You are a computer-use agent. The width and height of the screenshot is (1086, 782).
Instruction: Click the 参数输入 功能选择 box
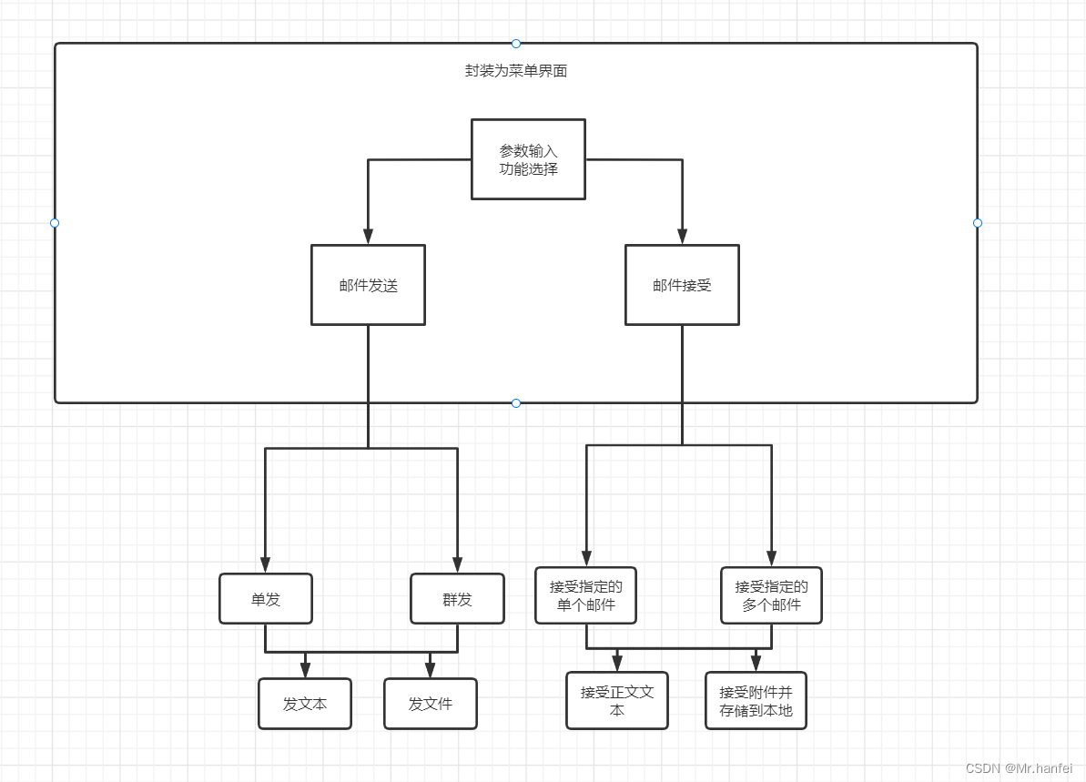tap(528, 159)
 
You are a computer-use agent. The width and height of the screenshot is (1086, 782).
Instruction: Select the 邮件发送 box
tap(368, 285)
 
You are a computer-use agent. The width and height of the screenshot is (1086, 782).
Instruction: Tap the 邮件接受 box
tap(682, 285)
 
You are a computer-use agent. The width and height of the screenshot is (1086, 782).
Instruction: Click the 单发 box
tap(266, 599)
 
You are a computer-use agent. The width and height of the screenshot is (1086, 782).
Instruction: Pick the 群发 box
tap(457, 599)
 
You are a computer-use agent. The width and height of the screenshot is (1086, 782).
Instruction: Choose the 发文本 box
tap(305, 704)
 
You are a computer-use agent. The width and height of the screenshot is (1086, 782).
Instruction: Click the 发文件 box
tap(431, 704)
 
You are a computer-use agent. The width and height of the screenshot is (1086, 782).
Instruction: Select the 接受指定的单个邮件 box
tap(585, 595)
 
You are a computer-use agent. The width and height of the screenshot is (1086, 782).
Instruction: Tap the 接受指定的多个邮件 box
tap(771, 595)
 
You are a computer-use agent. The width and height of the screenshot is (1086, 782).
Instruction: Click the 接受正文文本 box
tap(617, 701)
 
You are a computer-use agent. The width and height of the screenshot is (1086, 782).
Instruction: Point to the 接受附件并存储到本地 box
tap(756, 701)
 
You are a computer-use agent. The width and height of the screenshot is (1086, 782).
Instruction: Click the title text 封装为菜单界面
tap(516, 71)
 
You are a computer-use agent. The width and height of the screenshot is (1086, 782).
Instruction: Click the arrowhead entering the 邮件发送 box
tap(368, 237)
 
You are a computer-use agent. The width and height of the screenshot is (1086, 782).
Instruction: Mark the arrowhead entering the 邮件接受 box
tap(682, 237)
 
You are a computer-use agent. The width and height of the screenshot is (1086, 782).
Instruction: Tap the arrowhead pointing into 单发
tap(266, 564)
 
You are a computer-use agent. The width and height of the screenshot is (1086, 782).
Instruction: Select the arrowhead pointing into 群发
tap(457, 564)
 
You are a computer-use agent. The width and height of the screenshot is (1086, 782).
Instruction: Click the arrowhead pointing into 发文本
tap(305, 671)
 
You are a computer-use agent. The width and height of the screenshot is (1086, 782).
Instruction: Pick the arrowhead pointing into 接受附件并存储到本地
tap(756, 665)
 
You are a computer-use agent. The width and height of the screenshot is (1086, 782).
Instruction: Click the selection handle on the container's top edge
tap(516, 44)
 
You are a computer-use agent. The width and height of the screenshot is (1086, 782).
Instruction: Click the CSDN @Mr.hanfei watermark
tap(1019, 768)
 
